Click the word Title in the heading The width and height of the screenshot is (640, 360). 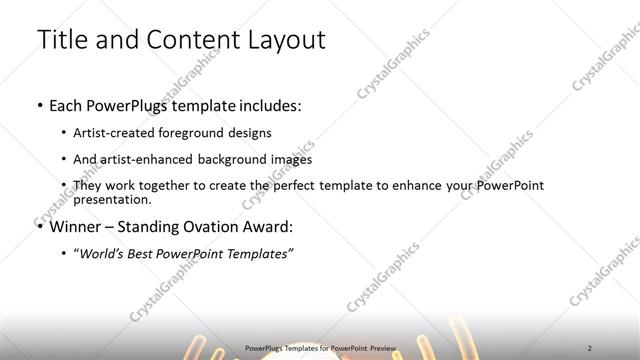tap(61, 40)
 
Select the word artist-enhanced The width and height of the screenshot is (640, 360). tap(145, 159)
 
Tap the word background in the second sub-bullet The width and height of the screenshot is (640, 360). tap(231, 159)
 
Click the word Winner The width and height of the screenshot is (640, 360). tap(78, 225)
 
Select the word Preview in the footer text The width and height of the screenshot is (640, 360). tap(380, 348)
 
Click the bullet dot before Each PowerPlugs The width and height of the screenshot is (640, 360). tap(39, 105)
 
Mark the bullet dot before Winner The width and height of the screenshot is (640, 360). tap(39, 225)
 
